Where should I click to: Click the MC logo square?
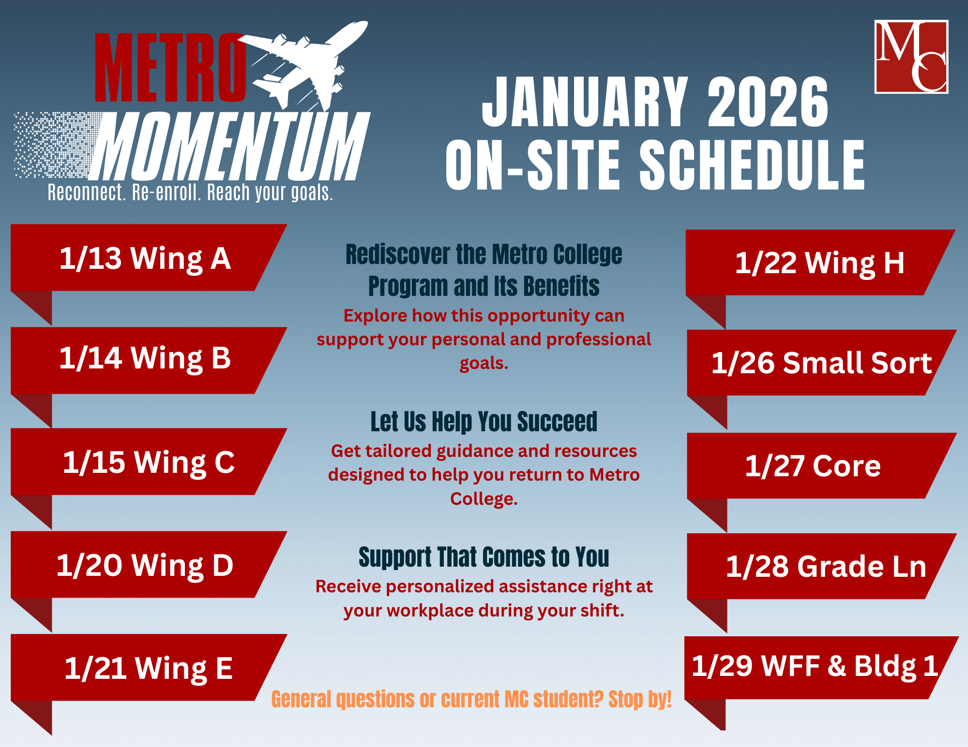(x=911, y=57)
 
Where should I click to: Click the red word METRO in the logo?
(x=170, y=68)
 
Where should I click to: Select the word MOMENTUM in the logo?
(x=230, y=146)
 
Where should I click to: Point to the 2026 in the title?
(x=768, y=103)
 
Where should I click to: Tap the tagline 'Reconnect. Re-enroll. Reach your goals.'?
(x=190, y=192)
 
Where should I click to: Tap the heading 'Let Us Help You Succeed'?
(x=484, y=422)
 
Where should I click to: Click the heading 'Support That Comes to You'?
(x=484, y=557)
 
